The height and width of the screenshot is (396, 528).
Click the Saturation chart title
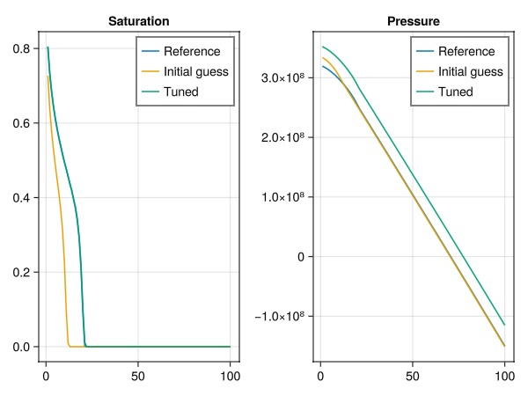139,20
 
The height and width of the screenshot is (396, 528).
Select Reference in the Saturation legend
191,51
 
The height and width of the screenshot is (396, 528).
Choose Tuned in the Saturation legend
181,92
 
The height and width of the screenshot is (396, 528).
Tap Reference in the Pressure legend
466,51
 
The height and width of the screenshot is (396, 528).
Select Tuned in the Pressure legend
456,92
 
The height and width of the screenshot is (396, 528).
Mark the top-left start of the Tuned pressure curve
323,47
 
